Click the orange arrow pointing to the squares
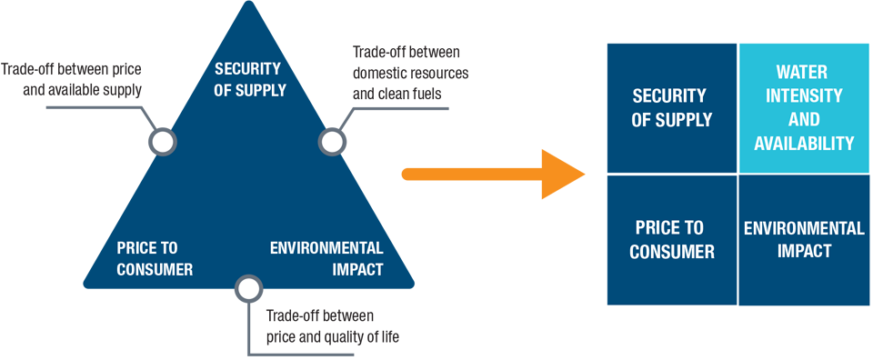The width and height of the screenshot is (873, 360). coord(493,175)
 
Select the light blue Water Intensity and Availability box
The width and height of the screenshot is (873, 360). coord(804,108)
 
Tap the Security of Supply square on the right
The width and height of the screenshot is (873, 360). coord(671,108)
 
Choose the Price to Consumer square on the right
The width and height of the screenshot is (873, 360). coord(671,240)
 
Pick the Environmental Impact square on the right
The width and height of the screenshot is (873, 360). coord(804,240)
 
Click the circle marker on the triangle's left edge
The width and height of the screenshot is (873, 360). coord(163,141)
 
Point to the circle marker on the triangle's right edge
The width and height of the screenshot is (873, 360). coord(333,141)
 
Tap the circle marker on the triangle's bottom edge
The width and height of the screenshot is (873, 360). coord(248,287)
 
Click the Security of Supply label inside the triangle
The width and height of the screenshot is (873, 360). coord(247,79)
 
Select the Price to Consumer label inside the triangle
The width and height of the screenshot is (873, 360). coord(155,259)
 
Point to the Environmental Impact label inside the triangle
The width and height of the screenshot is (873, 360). coord(326,259)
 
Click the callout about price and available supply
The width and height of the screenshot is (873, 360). coord(71,79)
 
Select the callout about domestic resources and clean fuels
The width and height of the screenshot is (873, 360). coord(411,73)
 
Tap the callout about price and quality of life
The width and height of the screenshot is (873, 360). coord(333,326)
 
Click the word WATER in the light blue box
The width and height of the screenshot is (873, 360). coord(804,72)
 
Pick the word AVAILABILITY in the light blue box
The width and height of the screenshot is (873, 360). coord(804,143)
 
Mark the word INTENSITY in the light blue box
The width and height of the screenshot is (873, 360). coord(804,95)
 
